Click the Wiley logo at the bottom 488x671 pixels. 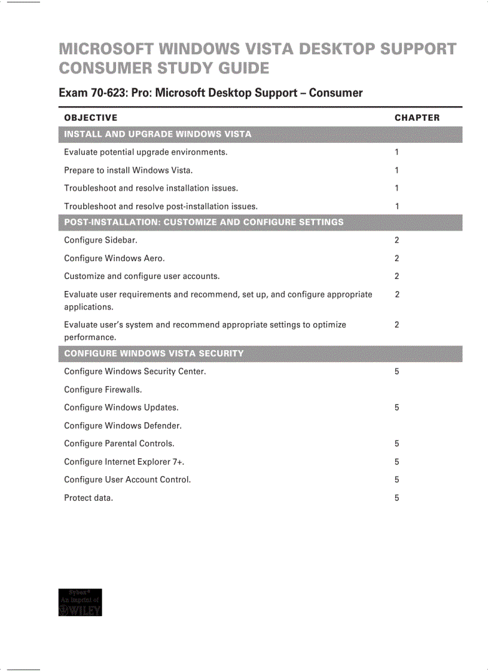pos(80,602)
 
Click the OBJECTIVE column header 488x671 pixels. pos(90,118)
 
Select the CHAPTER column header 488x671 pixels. pos(417,118)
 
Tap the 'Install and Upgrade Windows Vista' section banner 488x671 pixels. pos(158,134)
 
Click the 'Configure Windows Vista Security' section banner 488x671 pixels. pos(154,353)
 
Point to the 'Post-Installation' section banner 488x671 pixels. pos(203,222)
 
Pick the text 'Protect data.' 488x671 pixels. pos(89,498)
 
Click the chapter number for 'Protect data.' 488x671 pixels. pos(397,498)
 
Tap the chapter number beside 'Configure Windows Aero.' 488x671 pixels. pos(397,258)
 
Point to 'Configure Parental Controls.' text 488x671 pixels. pos(119,443)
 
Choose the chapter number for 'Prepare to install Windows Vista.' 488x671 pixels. pos(397,170)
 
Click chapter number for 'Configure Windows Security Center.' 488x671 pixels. pos(397,372)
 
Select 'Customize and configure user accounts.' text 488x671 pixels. pos(142,276)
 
